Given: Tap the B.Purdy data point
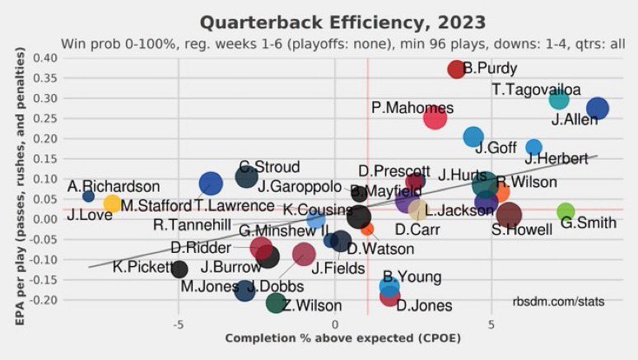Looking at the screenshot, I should pyautogui.click(x=456, y=69).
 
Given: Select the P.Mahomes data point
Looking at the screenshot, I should pyautogui.click(x=435, y=118).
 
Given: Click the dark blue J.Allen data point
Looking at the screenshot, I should pyautogui.click(x=598, y=109).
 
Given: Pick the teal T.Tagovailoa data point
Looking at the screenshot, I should pyautogui.click(x=559, y=100).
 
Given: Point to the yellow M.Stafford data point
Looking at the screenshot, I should pyautogui.click(x=113, y=204).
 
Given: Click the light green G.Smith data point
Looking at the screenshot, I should pyautogui.click(x=566, y=212).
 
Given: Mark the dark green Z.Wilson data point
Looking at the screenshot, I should pyautogui.click(x=277, y=303).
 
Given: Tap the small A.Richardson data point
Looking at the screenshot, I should pyautogui.click(x=88, y=196).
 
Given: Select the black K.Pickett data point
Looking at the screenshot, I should pyautogui.click(x=179, y=269).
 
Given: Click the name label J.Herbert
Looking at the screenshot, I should pyautogui.click(x=557, y=158).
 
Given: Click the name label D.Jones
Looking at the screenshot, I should pyautogui.click(x=424, y=306).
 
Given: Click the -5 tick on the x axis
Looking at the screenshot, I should pyautogui.click(x=178, y=325).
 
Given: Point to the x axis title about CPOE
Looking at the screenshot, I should pyautogui.click(x=342, y=339).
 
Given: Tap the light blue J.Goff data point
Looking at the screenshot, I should pyautogui.click(x=473, y=137).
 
